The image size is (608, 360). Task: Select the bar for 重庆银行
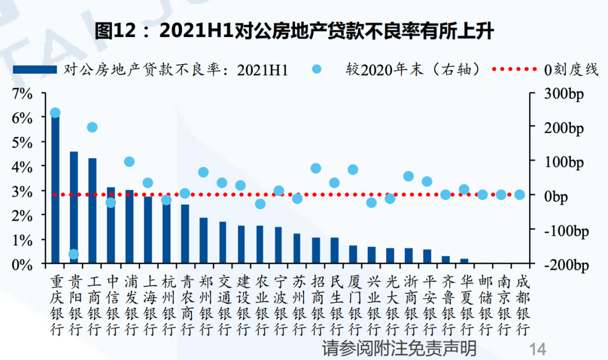click(55, 188)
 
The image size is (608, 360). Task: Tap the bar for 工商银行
click(92, 211)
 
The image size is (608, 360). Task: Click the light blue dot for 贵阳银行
click(74, 254)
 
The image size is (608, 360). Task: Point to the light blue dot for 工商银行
click(92, 127)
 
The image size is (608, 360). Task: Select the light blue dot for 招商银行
click(316, 168)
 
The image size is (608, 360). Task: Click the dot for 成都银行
click(520, 195)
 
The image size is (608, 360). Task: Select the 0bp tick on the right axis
click(556, 196)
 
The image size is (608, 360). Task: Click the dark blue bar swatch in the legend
click(35, 69)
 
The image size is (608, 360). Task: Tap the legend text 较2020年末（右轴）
click(414, 69)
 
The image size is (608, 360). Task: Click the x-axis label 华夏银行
click(464, 304)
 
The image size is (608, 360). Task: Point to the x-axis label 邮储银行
click(482, 304)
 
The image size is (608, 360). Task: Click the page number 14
click(538, 348)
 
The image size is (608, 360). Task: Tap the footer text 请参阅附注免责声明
click(399, 347)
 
